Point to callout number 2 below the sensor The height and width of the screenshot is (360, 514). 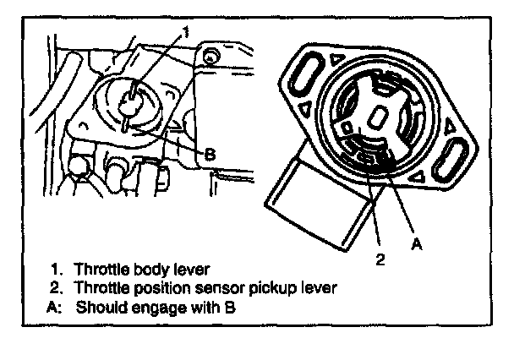point(380,259)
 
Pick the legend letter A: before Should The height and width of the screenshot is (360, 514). point(55,308)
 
